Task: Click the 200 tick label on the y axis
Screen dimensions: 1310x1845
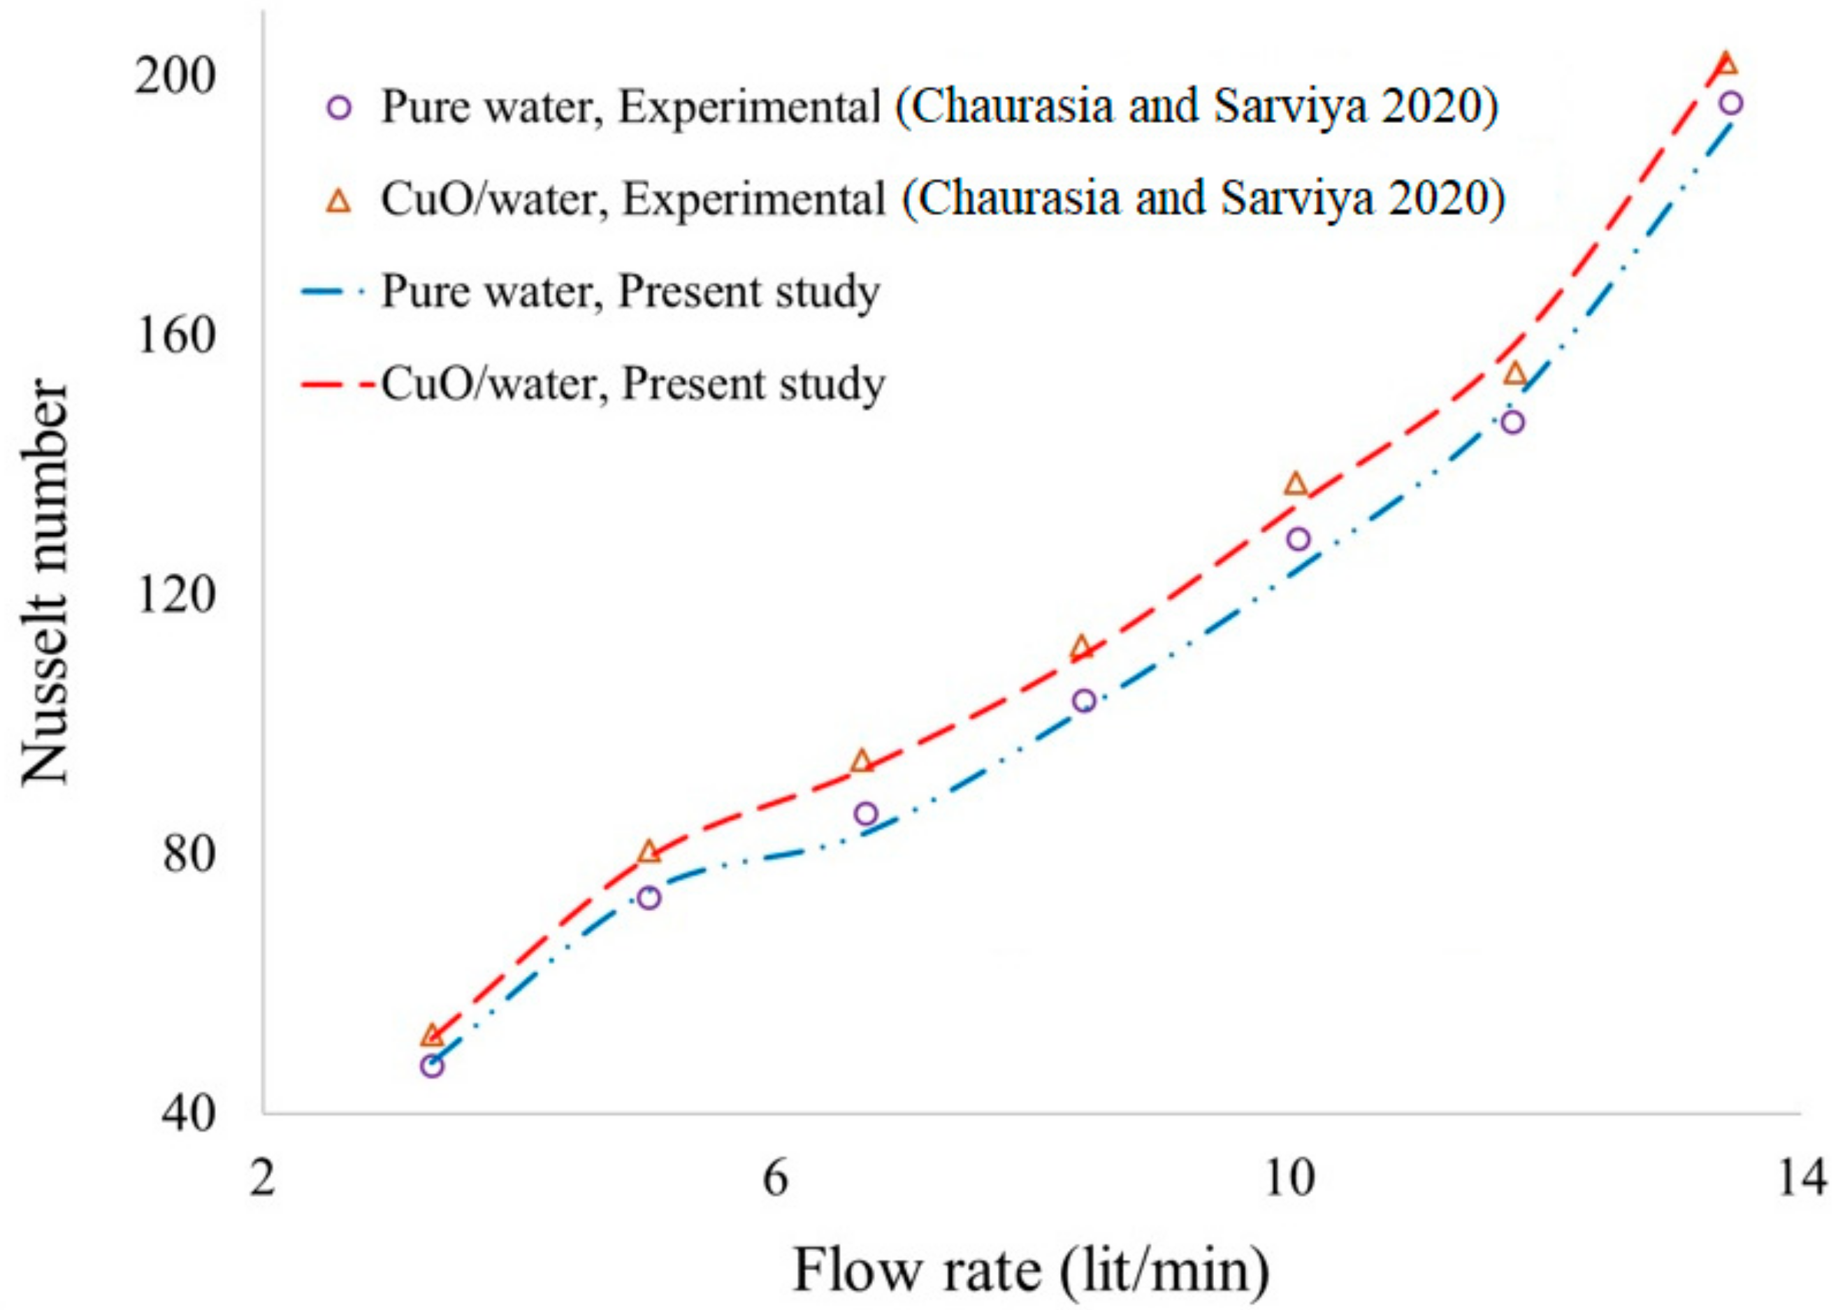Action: pyautogui.click(x=166, y=77)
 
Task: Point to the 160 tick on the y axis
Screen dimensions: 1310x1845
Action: pyautogui.click(x=166, y=335)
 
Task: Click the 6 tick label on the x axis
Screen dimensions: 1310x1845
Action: pyautogui.click(x=775, y=1178)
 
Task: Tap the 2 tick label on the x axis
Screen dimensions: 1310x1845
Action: pyautogui.click(x=262, y=1178)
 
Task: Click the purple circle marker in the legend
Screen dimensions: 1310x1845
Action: pyautogui.click(x=340, y=108)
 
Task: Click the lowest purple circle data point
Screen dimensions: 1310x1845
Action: pyautogui.click(x=432, y=1066)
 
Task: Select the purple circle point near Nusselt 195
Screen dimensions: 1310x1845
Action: pyautogui.click(x=1730, y=103)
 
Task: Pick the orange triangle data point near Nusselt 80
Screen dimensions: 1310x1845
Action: pyautogui.click(x=649, y=852)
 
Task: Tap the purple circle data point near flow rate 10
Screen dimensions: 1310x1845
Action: pyautogui.click(x=1298, y=539)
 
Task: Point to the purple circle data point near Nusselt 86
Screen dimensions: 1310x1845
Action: pyautogui.click(x=867, y=814)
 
